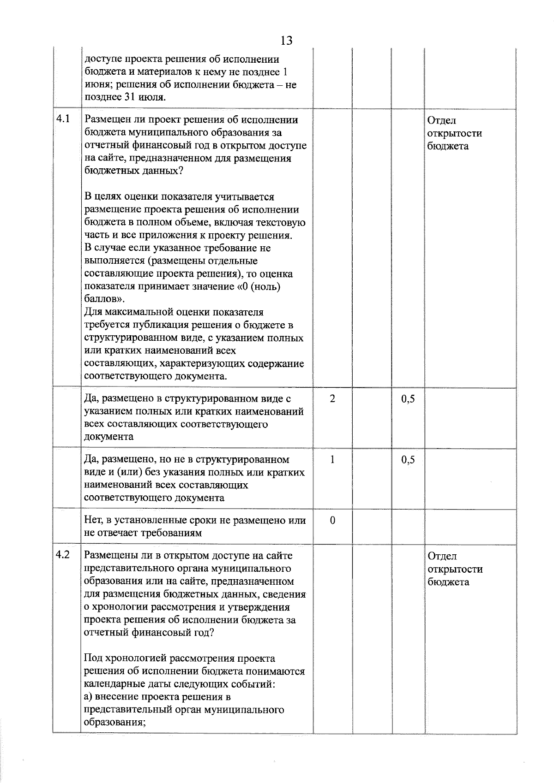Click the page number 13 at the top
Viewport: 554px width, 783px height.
coord(286,41)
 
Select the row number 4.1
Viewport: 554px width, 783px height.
coord(63,119)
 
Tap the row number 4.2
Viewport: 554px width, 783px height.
coord(63,555)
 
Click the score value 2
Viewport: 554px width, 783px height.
coord(332,398)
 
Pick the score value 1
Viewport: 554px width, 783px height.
coord(332,459)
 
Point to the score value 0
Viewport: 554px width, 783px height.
coord(332,520)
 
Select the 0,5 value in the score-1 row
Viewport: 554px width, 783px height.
coord(408,460)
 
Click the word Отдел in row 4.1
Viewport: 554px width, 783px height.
coord(441,120)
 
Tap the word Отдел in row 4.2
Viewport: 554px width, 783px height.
coord(441,556)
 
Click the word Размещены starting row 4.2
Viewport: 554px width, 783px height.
coord(110,556)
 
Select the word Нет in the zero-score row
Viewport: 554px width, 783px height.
coord(93,520)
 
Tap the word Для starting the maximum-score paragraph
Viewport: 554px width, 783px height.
coord(94,312)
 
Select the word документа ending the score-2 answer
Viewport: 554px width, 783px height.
coord(108,437)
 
